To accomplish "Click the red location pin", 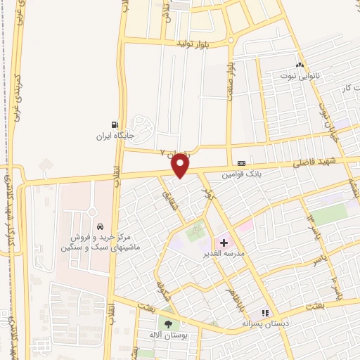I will [181, 165].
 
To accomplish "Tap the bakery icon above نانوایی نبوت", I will [300, 64].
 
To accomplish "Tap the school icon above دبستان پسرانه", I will [266, 313].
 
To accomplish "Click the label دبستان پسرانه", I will [266, 324].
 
